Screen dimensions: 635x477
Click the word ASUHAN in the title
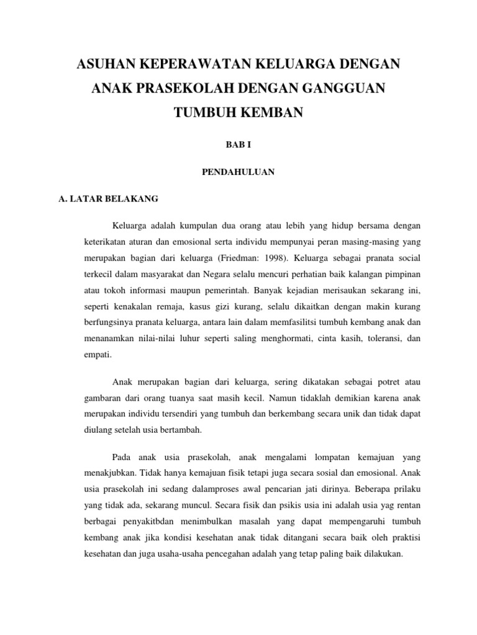coord(104,64)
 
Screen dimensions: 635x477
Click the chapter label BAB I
coord(238,144)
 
